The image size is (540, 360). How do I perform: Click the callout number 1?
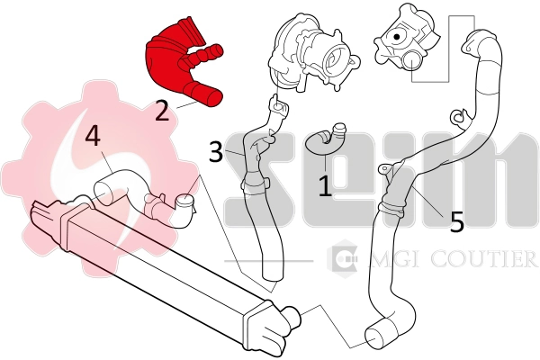[x=325, y=186]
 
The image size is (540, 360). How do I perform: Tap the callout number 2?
[x=162, y=111]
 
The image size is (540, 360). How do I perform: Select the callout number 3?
[x=215, y=151]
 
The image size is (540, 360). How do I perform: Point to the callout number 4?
[x=93, y=137]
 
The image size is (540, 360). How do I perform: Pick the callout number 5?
[x=457, y=221]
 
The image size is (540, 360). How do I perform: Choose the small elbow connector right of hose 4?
[x=184, y=210]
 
